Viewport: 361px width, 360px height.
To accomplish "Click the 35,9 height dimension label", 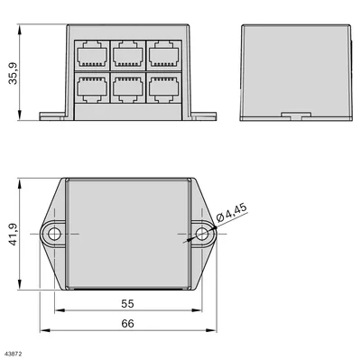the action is (x=14, y=74).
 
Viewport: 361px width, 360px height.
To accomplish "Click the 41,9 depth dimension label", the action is (x=14, y=235).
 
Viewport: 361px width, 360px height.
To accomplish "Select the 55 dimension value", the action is (x=127, y=304).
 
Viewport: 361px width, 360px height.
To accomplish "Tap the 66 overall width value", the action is (x=127, y=324).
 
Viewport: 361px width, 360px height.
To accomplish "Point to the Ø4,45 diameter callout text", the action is (x=232, y=213).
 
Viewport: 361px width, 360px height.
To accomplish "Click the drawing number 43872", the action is (x=11, y=355).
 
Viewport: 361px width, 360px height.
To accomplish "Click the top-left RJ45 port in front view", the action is (x=92, y=55).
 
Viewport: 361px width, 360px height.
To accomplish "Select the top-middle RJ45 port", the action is (x=128, y=55).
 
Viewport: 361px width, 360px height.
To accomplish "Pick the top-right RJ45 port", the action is (x=163, y=55).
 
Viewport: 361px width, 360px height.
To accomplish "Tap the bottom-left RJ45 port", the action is (x=92, y=88).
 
